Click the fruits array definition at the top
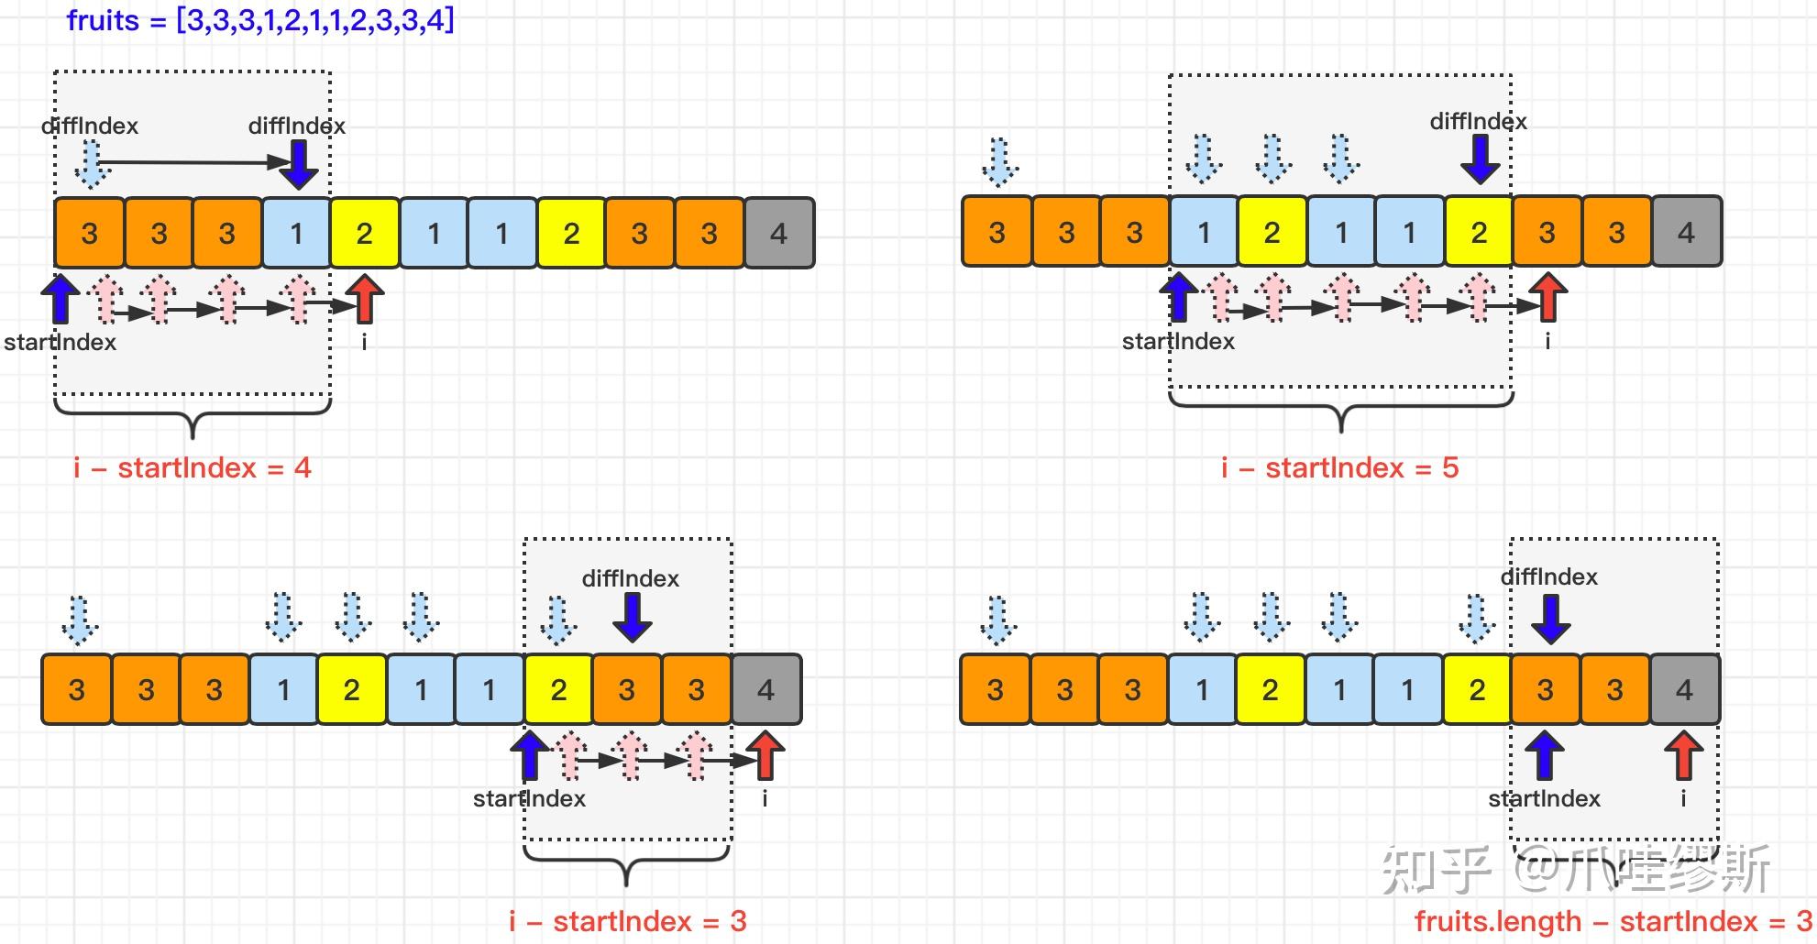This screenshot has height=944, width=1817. click(x=260, y=19)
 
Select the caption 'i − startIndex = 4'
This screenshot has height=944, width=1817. click(x=193, y=467)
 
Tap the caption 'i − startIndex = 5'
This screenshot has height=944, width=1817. click(x=1339, y=467)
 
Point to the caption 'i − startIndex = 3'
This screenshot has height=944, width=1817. click(x=628, y=921)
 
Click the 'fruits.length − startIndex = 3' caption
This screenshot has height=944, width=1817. click(x=1613, y=921)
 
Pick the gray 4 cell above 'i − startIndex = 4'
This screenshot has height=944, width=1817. click(x=779, y=233)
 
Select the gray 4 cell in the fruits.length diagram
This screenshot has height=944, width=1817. click(x=1685, y=689)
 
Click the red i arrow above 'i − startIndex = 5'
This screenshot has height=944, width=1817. click(x=1548, y=297)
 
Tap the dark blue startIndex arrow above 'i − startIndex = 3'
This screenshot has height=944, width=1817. click(x=529, y=755)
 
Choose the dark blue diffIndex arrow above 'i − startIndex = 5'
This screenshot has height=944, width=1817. click(x=1480, y=159)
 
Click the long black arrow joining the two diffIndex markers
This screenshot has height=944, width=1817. click(x=194, y=163)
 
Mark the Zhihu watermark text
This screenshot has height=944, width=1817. click(x=1576, y=869)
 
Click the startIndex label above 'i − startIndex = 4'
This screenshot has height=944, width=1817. click(x=61, y=342)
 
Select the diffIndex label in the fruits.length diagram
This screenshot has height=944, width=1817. click(x=1549, y=576)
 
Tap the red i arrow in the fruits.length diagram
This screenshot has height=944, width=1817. click(x=1683, y=755)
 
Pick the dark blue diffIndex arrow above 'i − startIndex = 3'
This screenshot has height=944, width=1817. click(x=632, y=617)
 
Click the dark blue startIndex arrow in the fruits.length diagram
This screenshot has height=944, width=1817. click(x=1545, y=755)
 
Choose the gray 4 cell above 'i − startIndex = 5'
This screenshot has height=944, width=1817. click(x=1687, y=232)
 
